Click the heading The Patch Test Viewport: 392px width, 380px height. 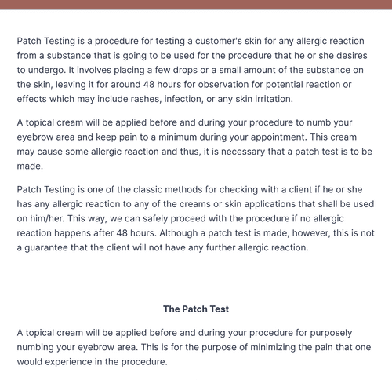(196, 309)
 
